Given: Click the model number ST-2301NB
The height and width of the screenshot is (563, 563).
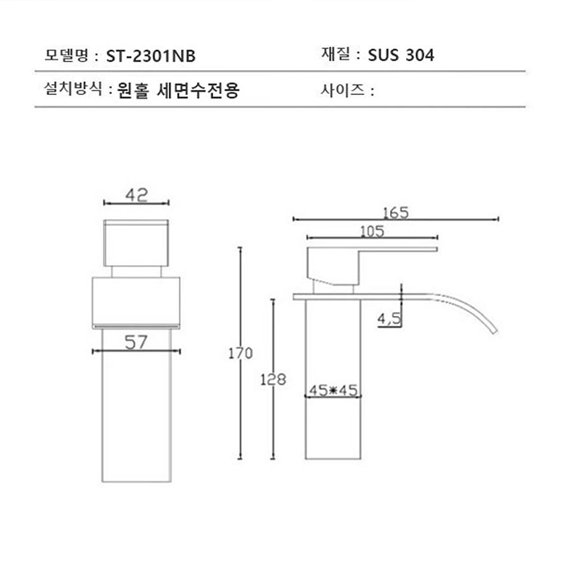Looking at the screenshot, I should click(x=150, y=56).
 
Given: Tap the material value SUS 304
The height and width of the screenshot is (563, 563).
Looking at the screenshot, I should click(x=401, y=55).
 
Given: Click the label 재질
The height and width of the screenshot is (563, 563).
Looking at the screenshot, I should click(x=337, y=55).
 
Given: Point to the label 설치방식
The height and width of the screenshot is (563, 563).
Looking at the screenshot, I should click(x=72, y=89).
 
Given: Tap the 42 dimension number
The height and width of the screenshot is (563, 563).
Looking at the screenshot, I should click(x=137, y=194).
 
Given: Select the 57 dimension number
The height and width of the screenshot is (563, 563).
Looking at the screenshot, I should click(x=137, y=343).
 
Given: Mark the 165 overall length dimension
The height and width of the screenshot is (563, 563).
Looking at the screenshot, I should click(x=396, y=212).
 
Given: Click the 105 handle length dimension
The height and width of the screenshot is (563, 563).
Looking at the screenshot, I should click(x=372, y=232).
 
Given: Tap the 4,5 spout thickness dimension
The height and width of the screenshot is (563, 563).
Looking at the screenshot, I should click(x=389, y=319).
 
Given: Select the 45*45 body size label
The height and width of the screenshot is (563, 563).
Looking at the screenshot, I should click(x=333, y=391).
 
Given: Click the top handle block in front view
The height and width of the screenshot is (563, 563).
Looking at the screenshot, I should click(x=137, y=240).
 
